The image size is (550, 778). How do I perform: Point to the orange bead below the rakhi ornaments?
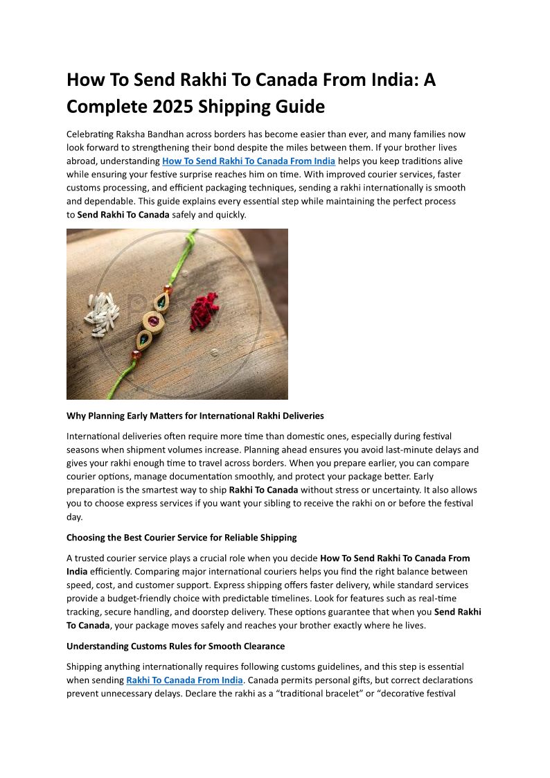(136, 355)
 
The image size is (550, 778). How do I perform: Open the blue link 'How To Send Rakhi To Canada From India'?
(249, 161)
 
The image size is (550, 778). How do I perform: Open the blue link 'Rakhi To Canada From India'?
(184, 680)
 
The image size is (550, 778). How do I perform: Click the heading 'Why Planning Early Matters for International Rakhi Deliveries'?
(195, 416)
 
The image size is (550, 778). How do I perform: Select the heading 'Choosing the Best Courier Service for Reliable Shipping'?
(181, 538)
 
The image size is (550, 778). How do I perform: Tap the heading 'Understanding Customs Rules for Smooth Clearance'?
(175, 646)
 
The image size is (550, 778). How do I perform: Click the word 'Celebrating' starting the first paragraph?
(91, 134)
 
